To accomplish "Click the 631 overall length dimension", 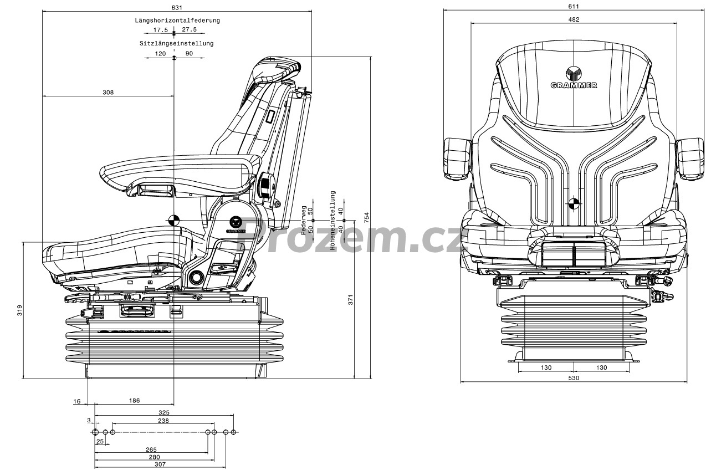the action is click(x=177, y=7).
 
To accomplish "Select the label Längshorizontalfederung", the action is click(x=177, y=21).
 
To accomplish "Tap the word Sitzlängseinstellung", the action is click(x=176, y=43).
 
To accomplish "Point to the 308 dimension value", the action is click(x=108, y=93).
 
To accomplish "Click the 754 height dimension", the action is click(x=366, y=217).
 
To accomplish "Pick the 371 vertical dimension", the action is click(x=350, y=299).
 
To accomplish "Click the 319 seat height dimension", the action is click(x=19, y=310).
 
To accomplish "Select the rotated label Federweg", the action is click(x=304, y=221).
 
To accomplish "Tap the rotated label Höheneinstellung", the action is click(x=333, y=221).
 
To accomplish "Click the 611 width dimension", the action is click(x=574, y=6).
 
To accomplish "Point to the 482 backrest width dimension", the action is click(x=574, y=19).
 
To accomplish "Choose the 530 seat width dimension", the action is click(x=574, y=378).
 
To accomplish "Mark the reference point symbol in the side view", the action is click(x=173, y=220).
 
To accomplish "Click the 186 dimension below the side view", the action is click(x=134, y=401).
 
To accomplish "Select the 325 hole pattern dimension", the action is click(x=164, y=412).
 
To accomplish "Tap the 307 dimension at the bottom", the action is click(x=160, y=464).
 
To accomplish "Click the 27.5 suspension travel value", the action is click(x=189, y=29).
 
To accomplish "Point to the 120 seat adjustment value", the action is click(x=160, y=54).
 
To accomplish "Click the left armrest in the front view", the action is click(x=458, y=159).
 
